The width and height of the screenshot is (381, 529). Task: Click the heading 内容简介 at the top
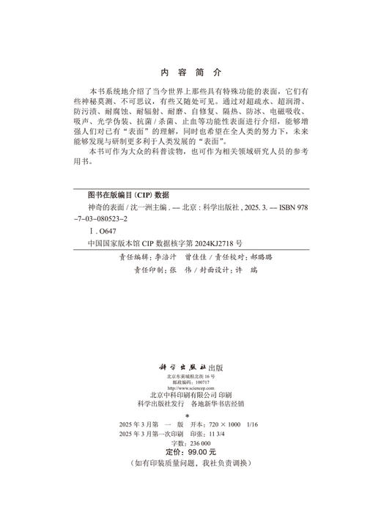point(190,73)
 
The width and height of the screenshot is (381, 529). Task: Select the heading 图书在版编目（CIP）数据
point(128,196)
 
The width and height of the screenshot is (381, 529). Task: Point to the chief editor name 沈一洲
point(143,208)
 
